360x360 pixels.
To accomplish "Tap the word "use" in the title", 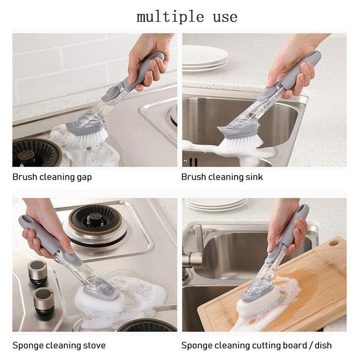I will coord(225,17).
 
